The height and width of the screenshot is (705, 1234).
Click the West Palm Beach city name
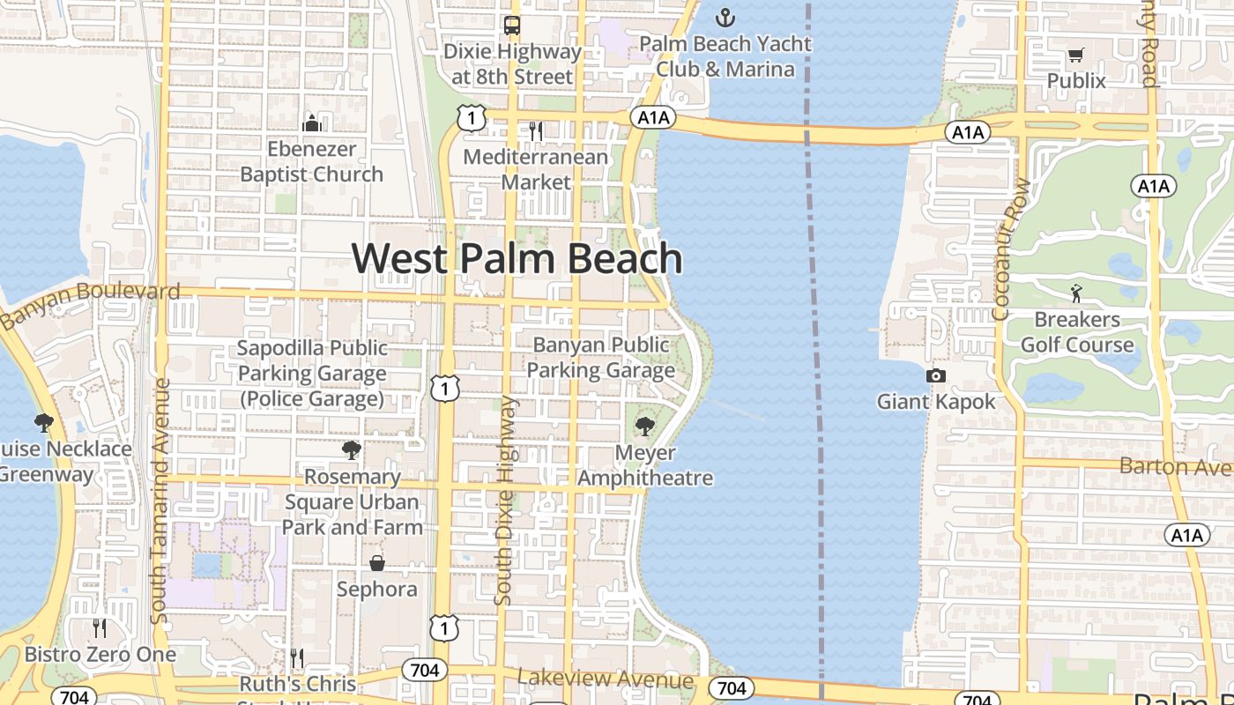pos(517,259)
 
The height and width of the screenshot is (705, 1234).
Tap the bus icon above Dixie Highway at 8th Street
pos(512,26)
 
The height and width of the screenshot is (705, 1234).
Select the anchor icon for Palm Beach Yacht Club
pos(725,18)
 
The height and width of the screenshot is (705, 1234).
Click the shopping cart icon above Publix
pos(1075,56)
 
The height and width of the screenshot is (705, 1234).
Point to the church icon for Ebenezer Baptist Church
pos(311,122)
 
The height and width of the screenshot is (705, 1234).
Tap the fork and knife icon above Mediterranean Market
pos(536,131)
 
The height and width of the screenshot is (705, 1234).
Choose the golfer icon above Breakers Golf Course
pos(1076,293)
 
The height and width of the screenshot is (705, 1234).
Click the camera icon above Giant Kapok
pos(936,376)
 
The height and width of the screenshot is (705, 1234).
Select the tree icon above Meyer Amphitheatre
pos(645,427)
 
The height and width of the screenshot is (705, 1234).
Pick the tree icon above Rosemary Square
pos(352,451)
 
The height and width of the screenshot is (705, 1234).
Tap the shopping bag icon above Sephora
pos(377,563)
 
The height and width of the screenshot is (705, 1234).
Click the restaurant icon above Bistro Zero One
pos(100,628)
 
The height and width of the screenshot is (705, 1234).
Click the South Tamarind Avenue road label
pos(160,501)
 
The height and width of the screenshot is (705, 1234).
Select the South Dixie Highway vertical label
pos(504,500)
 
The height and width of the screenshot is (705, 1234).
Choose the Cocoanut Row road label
pos(1001,249)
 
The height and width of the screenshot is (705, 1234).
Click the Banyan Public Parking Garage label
pos(601,357)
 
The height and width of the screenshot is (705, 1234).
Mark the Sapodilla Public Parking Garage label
pos(312,374)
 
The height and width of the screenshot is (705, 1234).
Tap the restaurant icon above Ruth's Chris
pos(297,658)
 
